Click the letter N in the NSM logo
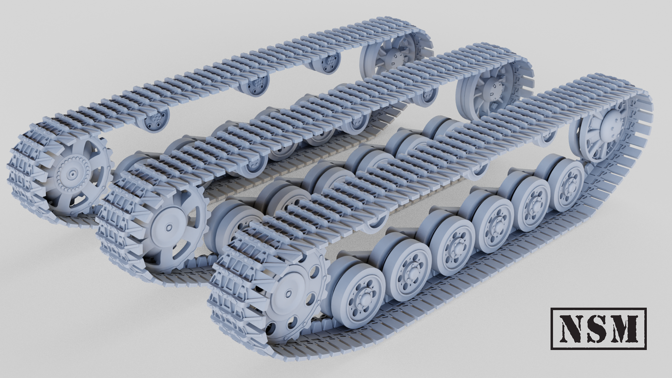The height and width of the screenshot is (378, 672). [572, 328]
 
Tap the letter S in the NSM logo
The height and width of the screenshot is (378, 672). [599, 328]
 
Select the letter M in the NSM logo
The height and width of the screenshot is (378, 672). [625, 328]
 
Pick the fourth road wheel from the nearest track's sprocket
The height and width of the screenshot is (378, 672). [493, 223]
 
